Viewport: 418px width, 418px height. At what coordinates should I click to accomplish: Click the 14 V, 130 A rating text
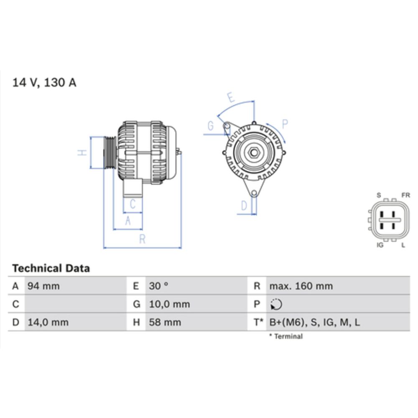(x=44, y=82)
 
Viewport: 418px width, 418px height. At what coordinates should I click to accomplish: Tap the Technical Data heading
(x=51, y=268)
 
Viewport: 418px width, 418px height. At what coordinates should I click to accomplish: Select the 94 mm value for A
(x=43, y=286)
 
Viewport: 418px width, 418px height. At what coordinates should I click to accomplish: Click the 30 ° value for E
(x=159, y=286)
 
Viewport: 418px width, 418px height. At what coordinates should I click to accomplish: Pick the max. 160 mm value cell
(x=301, y=286)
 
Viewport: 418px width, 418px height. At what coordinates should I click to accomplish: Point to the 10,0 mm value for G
(x=170, y=304)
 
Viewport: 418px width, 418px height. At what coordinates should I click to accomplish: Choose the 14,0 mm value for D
(x=48, y=322)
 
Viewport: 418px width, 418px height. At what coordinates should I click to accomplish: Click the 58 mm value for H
(x=166, y=322)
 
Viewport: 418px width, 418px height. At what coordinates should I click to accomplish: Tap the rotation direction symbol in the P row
(x=276, y=304)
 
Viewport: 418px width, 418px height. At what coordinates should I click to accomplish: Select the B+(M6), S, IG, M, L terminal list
(x=314, y=322)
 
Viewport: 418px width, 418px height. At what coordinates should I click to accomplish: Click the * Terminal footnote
(x=286, y=336)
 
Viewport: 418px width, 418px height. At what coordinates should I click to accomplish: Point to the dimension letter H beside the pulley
(x=83, y=153)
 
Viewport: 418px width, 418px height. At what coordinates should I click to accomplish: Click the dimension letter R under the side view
(x=142, y=239)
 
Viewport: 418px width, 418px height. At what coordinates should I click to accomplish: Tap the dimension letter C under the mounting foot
(x=133, y=204)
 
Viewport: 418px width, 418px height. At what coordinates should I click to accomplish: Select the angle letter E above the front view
(x=231, y=97)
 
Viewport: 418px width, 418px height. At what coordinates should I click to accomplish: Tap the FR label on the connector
(x=405, y=195)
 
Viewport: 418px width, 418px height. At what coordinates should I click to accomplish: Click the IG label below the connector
(x=380, y=245)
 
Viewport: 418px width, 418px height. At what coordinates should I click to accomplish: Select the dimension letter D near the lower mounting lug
(x=245, y=205)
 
